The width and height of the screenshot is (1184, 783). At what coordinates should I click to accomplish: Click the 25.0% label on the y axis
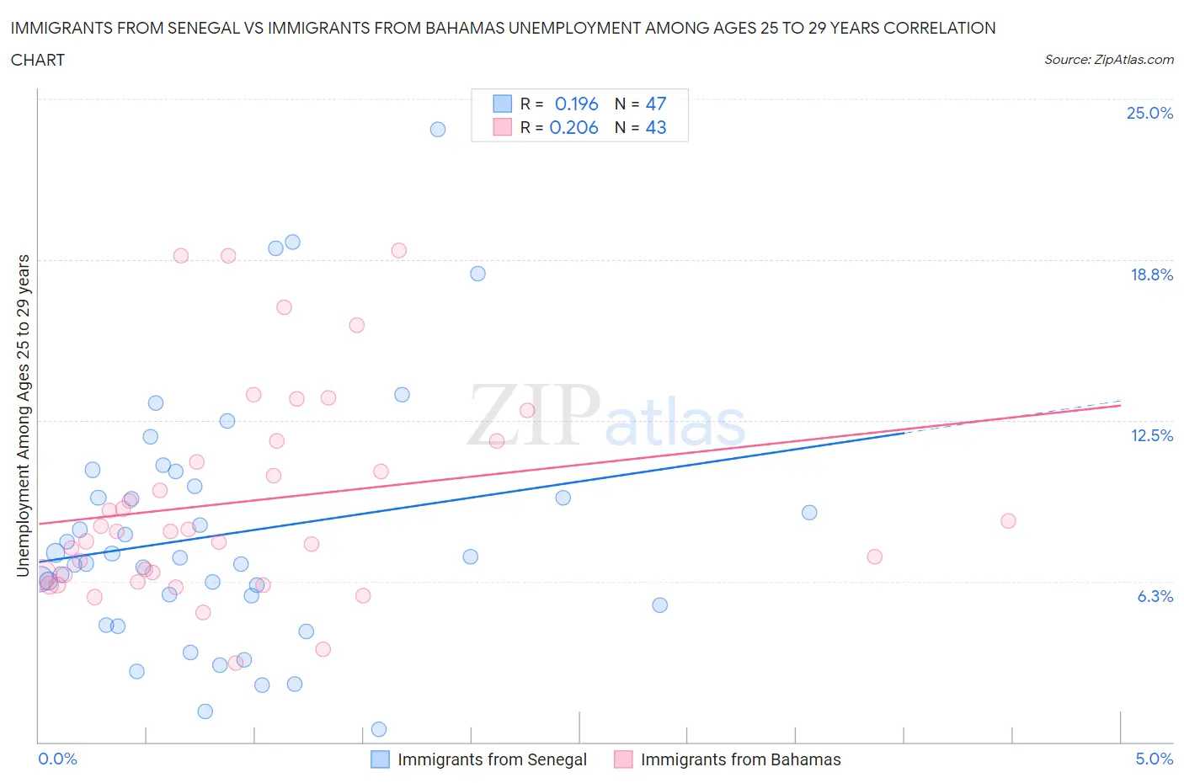point(1149,114)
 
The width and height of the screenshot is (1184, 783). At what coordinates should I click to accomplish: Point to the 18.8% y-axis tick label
point(1151,274)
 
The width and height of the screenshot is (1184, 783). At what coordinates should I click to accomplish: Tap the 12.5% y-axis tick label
point(1151,435)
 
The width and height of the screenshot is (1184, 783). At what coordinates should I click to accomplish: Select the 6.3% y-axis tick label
point(1155,596)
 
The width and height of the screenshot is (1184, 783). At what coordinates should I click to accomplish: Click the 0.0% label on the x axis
point(57,759)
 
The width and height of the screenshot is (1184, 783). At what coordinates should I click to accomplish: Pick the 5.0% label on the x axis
point(1154,759)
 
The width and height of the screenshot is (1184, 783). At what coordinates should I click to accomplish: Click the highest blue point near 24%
point(438,129)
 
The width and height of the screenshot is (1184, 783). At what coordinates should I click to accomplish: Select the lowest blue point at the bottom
point(379,729)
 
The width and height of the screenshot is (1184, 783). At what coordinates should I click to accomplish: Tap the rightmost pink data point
point(1008,520)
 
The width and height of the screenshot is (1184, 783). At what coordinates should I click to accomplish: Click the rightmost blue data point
point(809,512)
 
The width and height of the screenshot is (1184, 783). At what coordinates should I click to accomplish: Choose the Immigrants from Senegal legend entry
point(492,759)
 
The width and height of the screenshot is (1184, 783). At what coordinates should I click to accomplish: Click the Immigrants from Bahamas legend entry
point(740,759)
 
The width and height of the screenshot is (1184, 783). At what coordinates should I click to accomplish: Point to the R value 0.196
point(576,104)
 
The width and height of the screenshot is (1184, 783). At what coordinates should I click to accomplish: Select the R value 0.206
point(573,127)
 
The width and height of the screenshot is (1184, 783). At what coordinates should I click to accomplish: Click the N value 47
point(655,104)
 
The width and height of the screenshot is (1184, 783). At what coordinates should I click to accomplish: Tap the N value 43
point(655,127)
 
